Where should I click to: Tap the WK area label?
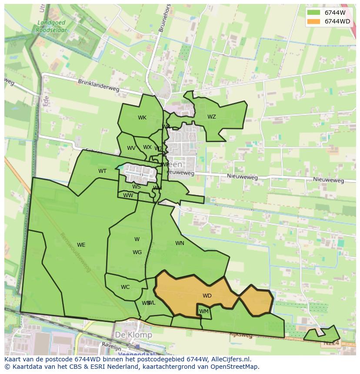142,118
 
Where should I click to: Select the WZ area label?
211,117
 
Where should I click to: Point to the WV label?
131,148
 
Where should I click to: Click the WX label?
147,147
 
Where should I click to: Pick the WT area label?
102,171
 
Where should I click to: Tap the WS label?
137,187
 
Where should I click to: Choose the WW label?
128,195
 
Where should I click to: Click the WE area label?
81,245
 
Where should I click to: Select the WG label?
137,252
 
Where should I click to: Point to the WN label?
180,243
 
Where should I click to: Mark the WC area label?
125,287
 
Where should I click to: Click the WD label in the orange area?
207,296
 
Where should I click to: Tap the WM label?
204,311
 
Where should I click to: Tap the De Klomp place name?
133,335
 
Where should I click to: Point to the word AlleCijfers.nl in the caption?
229,359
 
